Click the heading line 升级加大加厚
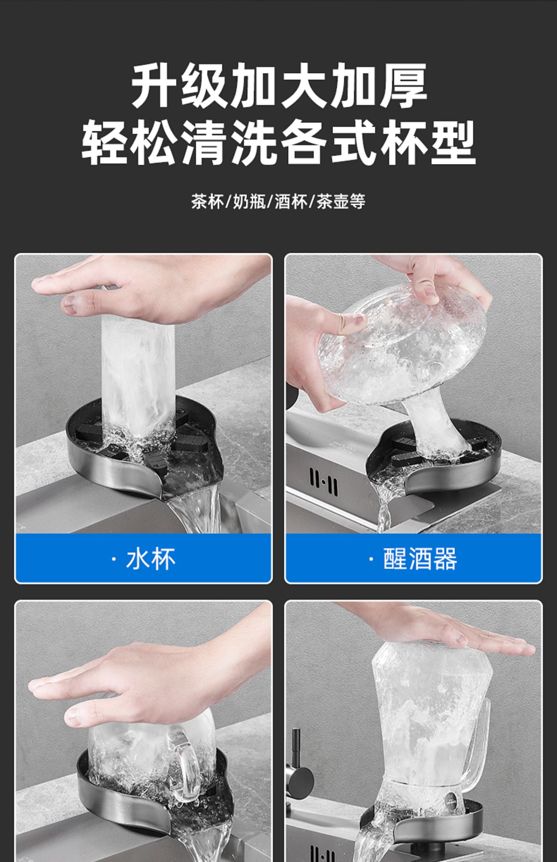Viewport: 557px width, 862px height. coord(279,85)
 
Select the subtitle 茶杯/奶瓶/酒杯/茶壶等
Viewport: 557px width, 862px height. coord(278,202)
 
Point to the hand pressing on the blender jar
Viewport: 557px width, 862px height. coord(446,637)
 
